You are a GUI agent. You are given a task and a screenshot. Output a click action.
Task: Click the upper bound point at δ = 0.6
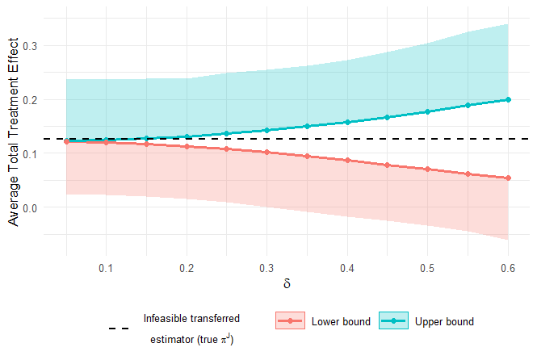(508, 99)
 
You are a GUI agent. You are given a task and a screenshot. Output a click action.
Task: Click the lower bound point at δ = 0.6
(508, 178)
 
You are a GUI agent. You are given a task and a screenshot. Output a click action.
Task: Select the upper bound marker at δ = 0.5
(427, 111)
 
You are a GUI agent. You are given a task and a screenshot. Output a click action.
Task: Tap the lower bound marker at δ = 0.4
(347, 160)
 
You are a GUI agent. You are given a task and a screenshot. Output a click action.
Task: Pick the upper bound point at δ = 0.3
(266, 130)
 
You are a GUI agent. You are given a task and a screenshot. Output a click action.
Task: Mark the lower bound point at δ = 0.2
(187, 146)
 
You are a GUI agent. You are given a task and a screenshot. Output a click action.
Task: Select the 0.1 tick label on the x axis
(106, 266)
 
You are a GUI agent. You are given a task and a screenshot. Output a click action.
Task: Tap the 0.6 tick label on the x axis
(508, 266)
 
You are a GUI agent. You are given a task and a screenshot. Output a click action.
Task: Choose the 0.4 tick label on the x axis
(347, 266)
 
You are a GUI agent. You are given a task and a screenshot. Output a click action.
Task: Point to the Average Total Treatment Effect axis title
(15, 136)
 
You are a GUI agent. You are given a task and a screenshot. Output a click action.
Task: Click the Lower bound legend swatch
(290, 321)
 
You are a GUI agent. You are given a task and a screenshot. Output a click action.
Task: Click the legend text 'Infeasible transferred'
(191, 319)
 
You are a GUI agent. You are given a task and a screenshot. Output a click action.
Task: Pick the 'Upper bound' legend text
(444, 321)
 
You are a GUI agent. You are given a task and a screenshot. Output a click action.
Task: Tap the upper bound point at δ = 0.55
(468, 105)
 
